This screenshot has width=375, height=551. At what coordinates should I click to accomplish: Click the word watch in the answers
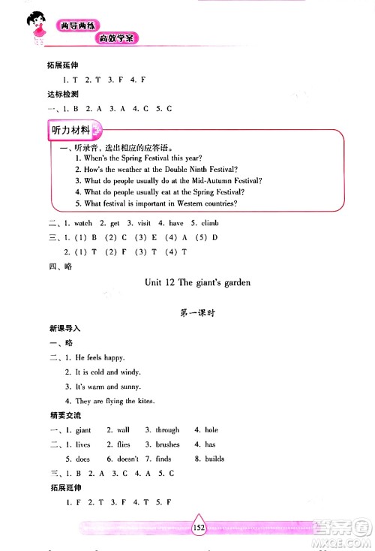[x=83, y=224]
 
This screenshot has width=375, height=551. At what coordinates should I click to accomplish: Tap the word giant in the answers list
[x=83, y=430]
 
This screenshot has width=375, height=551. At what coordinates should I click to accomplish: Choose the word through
[x=167, y=430]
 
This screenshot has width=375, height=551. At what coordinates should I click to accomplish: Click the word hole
[x=211, y=430]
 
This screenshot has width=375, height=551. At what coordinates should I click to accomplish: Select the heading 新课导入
[x=63, y=329]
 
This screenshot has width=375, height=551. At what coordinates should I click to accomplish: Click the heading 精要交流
[x=63, y=415]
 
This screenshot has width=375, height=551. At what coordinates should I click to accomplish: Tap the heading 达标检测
[x=63, y=95]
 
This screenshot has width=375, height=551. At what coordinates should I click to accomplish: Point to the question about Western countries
[x=161, y=203]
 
